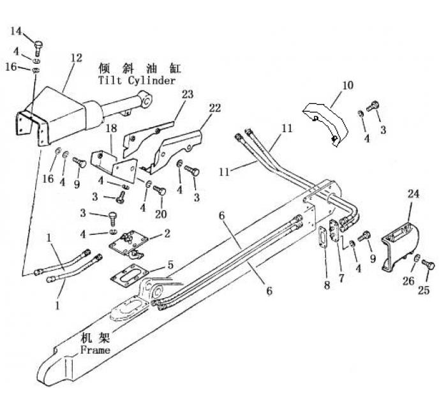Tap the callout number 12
76,57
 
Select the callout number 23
169,94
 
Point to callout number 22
215,108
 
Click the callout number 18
111,128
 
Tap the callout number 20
161,214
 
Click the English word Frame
95,350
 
